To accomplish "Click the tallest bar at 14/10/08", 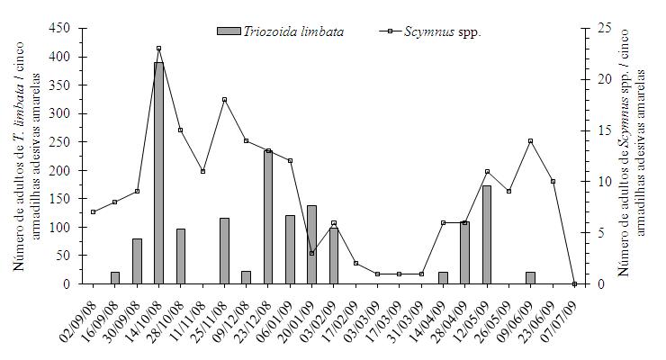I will pos(158,173).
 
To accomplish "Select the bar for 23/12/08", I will pos(268,217).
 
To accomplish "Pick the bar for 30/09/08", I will pos(137,261).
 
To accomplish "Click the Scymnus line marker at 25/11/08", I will pos(224,99).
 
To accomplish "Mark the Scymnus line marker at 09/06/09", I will pos(531,140).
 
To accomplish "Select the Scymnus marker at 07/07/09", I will pos(574,283).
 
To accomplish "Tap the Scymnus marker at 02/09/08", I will pos(93,211).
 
